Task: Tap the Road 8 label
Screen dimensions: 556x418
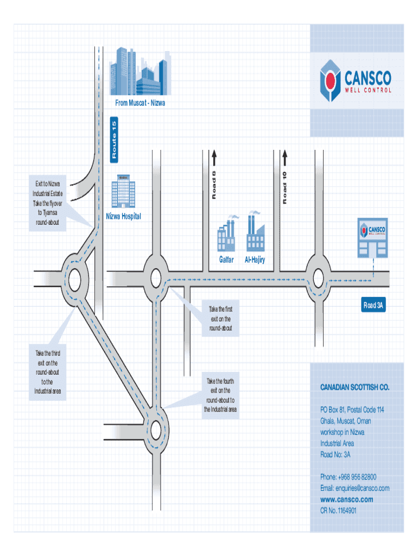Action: pos(214,185)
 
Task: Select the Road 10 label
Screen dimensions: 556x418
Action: pos(284,186)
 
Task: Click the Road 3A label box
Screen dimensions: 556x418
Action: pos(375,306)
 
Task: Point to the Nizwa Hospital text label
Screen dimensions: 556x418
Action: pos(123,217)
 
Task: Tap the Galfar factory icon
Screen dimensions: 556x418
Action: pos(227,234)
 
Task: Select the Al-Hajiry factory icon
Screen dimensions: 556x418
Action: pos(254,232)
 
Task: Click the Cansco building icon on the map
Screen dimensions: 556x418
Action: pos(373,237)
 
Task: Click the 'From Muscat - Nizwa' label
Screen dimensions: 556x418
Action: pos(140,103)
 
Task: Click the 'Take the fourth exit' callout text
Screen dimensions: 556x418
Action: pos(220,395)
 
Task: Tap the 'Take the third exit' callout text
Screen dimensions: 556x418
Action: pos(48,373)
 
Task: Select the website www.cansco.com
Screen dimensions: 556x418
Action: pos(347,500)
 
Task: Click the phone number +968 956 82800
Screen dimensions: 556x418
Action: pos(348,477)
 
